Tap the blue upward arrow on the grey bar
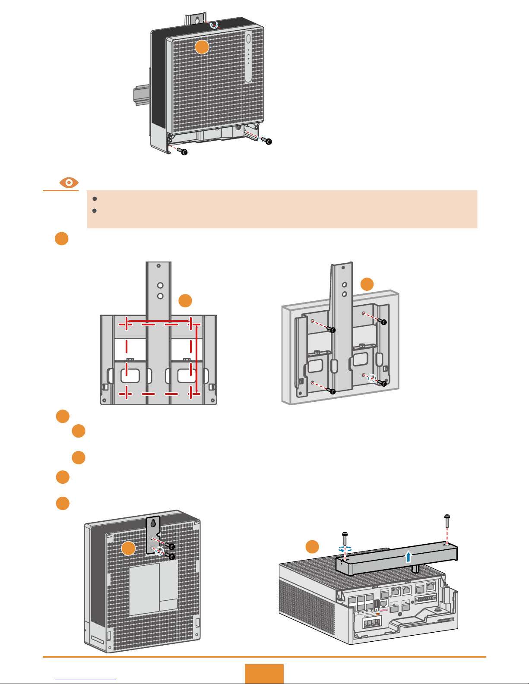(408, 557)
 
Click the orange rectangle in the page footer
(264, 674)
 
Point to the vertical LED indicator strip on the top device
(248, 56)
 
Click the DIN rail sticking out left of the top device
(141, 95)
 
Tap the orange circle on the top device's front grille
(202, 47)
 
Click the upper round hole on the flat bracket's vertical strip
(160, 285)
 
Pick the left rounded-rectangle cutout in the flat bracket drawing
(130, 375)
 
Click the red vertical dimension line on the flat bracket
(197, 359)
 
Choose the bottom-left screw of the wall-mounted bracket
(332, 391)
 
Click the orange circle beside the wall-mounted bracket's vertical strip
(367, 284)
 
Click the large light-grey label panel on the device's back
(145, 589)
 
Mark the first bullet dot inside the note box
(94, 199)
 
